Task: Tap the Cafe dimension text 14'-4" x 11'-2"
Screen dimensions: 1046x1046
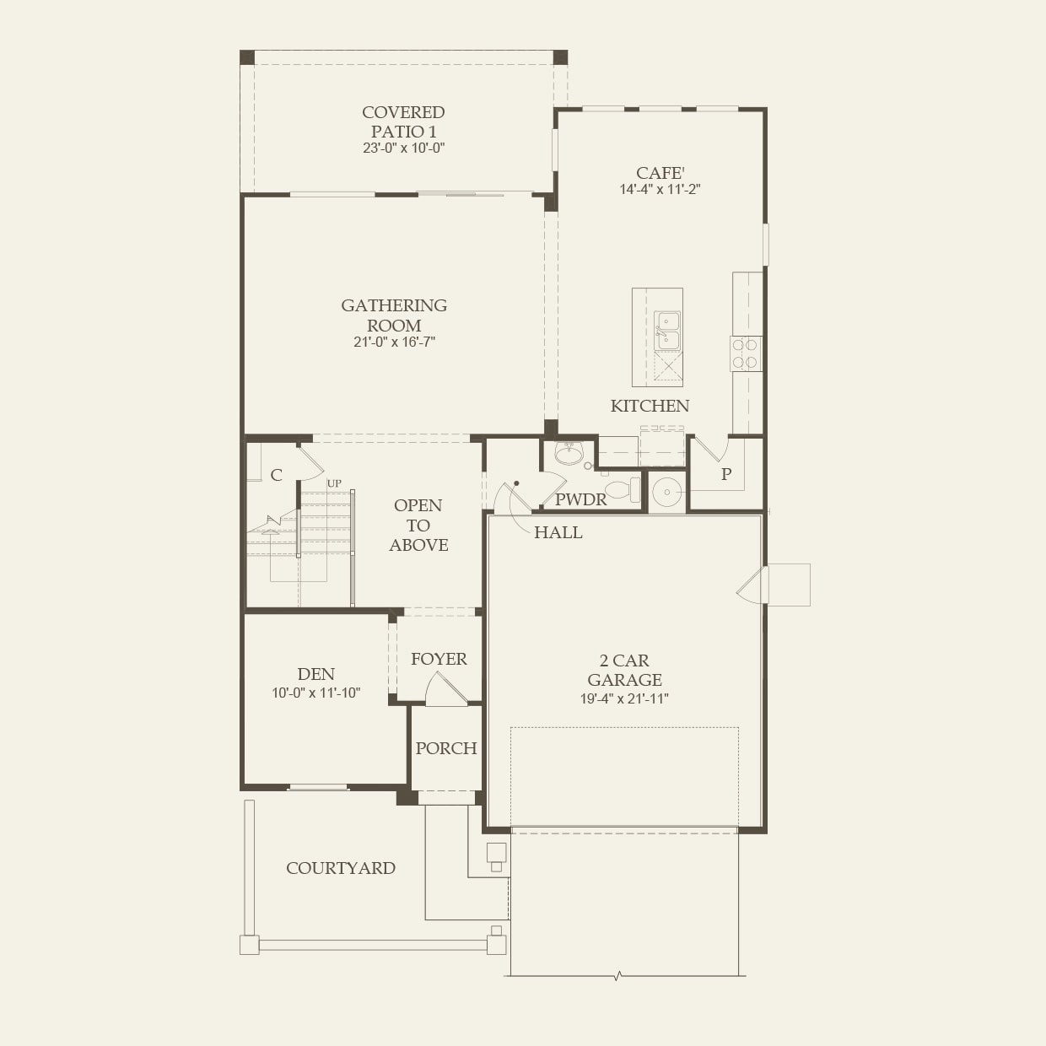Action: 660,190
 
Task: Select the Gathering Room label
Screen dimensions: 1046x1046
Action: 394,315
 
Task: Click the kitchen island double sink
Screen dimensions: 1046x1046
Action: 667,331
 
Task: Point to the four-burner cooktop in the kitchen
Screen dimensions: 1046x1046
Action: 747,353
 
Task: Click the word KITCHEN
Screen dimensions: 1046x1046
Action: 650,406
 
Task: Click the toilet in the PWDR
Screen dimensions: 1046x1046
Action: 623,490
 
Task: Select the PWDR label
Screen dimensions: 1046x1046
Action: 581,499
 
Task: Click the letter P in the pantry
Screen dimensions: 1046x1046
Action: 726,474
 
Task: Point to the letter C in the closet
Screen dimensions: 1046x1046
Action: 277,475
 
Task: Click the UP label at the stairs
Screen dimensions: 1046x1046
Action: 334,483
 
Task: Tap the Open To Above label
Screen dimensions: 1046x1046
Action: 418,525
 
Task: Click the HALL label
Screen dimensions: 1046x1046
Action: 558,532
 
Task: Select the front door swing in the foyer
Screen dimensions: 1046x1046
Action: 445,689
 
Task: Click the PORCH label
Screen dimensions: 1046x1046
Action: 446,748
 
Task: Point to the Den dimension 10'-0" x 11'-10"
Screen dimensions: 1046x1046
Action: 316,693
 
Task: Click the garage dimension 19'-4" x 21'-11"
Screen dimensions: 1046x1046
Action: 624,698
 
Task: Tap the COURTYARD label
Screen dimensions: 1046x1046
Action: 341,868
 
